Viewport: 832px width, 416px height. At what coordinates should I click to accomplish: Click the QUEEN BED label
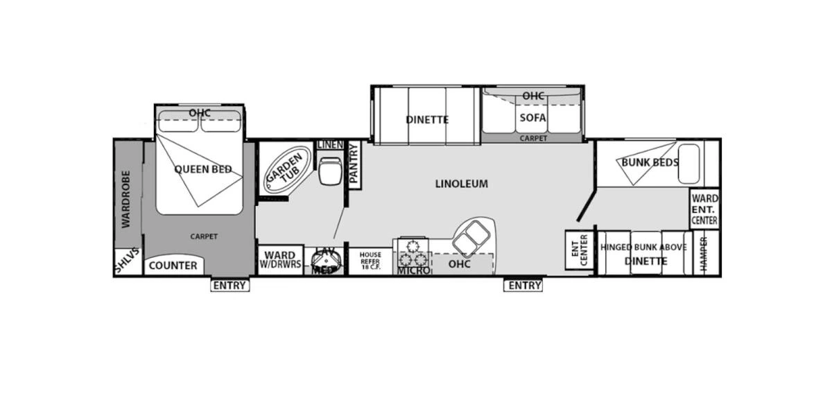pos(202,169)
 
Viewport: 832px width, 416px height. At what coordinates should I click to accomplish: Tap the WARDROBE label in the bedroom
pos(126,199)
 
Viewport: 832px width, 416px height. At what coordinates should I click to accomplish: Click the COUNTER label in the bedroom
pos(173,266)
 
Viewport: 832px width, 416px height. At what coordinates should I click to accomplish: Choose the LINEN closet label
pos(330,145)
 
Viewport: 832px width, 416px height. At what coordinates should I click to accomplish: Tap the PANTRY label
pos(354,164)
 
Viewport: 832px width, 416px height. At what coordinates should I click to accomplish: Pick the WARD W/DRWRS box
pos(281,260)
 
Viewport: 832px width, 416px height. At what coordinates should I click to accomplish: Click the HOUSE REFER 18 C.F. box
pos(370,261)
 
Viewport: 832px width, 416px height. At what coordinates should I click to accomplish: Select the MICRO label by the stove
pos(414,270)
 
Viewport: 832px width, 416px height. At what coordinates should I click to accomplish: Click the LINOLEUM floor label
pos(462,184)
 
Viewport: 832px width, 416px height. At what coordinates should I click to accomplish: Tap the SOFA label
pos(533,118)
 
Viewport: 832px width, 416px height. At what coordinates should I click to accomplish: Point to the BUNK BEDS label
pos(650,163)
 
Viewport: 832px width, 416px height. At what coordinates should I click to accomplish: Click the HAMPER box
pos(704,251)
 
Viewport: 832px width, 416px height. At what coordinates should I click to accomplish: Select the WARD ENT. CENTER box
pos(704,210)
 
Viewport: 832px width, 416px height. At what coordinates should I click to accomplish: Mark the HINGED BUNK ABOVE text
pos(643,248)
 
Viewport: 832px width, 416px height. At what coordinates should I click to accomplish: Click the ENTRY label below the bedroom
pos(229,286)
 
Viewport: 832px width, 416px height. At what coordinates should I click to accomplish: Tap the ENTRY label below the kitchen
pos(524,286)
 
